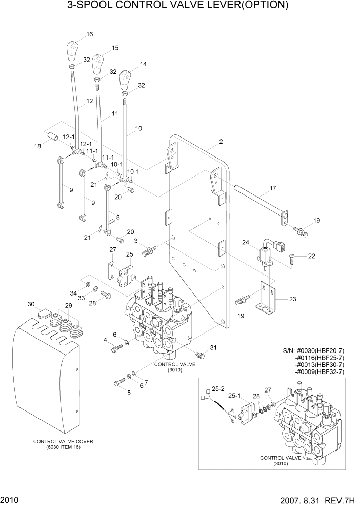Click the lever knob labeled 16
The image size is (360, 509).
73,52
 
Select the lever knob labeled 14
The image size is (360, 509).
125,81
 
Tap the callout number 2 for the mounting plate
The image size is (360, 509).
221,141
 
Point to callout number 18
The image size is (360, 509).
37,147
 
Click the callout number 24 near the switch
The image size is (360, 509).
246,242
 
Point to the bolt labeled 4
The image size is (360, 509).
116,350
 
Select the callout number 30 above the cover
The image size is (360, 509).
31,304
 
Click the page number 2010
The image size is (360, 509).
10,499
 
